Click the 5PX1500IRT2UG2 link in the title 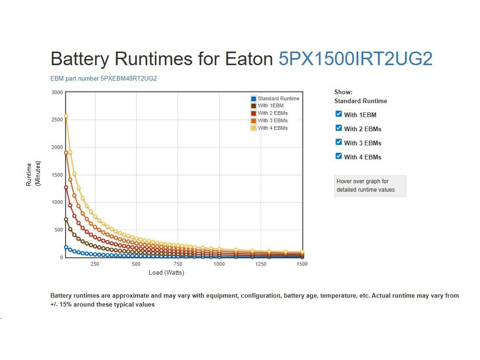click(x=355, y=59)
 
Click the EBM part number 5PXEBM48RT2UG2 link click(x=104, y=78)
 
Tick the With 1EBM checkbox click(x=339, y=114)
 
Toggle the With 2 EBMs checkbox click(x=339, y=128)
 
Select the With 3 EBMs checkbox click(x=339, y=142)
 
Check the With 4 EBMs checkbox click(x=339, y=156)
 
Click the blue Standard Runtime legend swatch click(x=254, y=98)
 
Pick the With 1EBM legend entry click(x=270, y=106)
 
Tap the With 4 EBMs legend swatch click(x=254, y=128)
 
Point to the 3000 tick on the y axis click(x=57, y=92)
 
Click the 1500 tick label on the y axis click(x=57, y=175)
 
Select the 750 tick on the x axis click(x=178, y=264)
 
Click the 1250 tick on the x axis click(x=261, y=264)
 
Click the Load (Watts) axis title click(x=166, y=273)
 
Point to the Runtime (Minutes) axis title click(x=34, y=174)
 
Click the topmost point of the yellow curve click(x=66, y=116)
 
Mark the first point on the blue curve click(x=66, y=247)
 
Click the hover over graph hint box click(x=370, y=186)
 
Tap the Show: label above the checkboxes click(x=343, y=92)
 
